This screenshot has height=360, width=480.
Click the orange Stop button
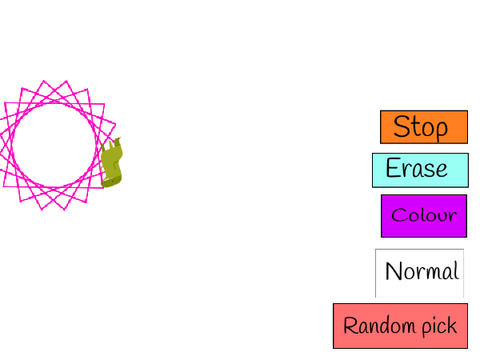coord(424,127)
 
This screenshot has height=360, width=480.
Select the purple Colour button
coord(424,216)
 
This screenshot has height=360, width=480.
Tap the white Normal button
coord(419,273)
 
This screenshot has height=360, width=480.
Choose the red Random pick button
coord(400,326)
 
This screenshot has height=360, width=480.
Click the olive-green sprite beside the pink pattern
coord(112,162)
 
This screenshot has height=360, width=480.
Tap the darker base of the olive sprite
coord(111,182)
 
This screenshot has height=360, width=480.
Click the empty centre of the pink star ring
coord(53,145)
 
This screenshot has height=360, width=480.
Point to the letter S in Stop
coord(401,126)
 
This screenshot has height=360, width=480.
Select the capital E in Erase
coord(393,167)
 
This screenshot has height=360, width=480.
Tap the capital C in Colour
coord(398,215)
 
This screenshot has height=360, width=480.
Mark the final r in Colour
coord(452,217)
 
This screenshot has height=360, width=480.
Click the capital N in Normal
coord(394,271)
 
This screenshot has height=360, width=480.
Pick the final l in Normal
coord(457,270)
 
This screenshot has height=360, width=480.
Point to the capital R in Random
coord(350,325)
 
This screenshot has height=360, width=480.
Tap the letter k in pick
coord(452,325)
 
